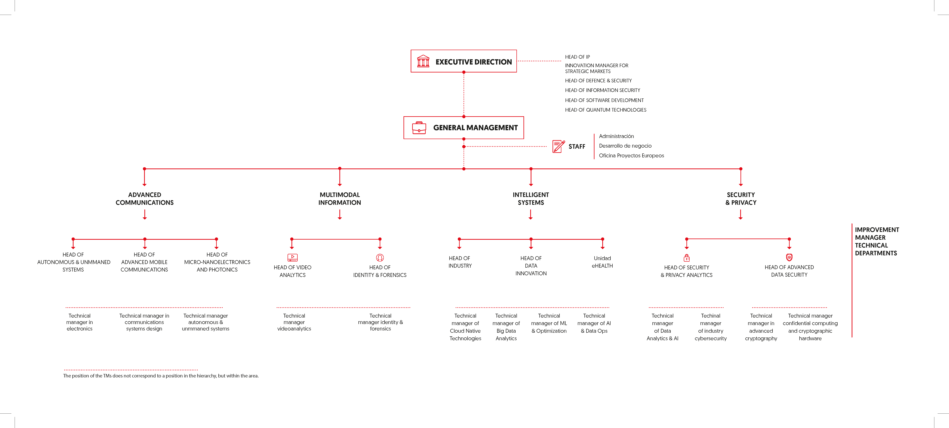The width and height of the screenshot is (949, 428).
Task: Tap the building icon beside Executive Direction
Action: click(423, 61)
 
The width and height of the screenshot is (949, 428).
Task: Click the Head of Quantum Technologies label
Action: click(606, 110)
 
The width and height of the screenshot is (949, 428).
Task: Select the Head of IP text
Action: click(577, 57)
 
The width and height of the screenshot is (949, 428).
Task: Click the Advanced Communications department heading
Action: click(144, 198)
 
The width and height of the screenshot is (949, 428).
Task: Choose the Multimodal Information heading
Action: click(340, 198)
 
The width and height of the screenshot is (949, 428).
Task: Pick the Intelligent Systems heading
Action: click(531, 198)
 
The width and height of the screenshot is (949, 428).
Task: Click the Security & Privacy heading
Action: click(741, 198)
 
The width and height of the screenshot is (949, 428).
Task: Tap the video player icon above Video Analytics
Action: click(293, 258)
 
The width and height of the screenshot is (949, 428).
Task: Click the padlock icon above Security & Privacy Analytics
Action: click(687, 258)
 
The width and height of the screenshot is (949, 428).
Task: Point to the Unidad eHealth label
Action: click(602, 262)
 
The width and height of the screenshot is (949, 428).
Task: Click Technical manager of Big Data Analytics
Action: click(506, 327)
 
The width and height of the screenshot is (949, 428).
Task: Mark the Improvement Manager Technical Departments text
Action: click(877, 241)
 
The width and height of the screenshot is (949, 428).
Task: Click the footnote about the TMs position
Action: click(161, 376)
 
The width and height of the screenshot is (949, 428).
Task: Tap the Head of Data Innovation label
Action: click(531, 266)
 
